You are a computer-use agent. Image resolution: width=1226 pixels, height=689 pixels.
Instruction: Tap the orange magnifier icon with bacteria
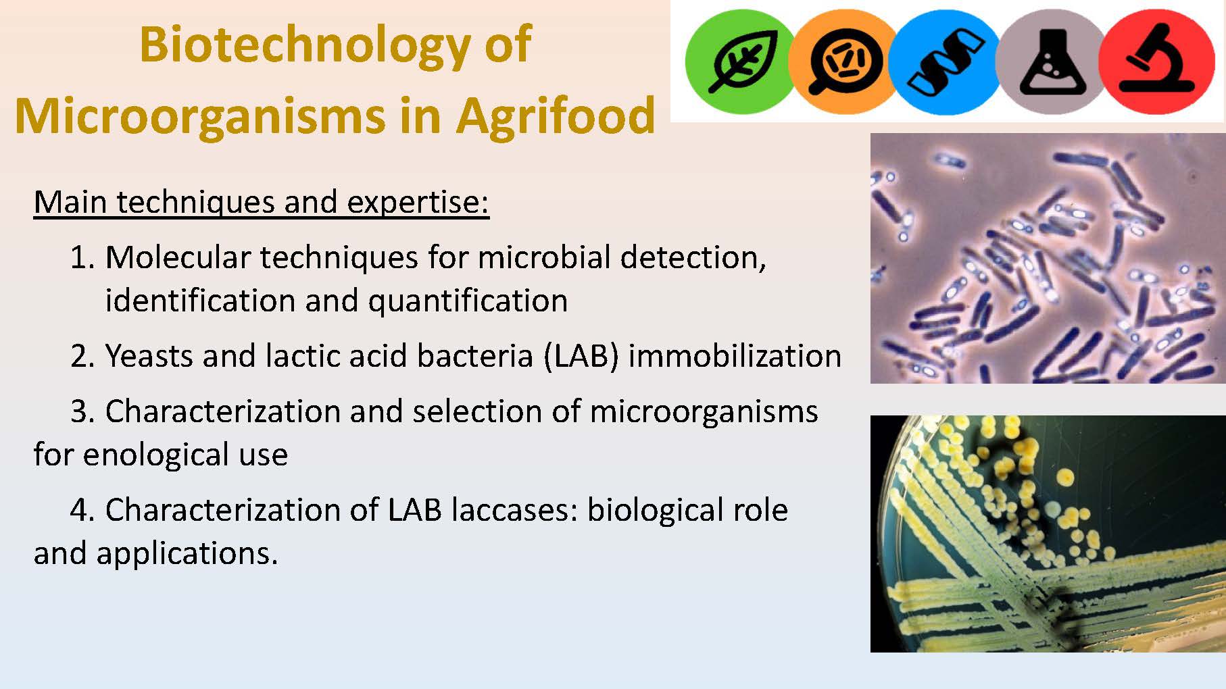[844, 61]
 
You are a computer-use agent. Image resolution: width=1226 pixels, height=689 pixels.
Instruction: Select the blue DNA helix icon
[946, 61]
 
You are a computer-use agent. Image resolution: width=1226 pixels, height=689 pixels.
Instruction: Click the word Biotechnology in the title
[305, 46]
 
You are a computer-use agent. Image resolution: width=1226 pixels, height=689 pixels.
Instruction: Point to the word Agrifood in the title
[555, 115]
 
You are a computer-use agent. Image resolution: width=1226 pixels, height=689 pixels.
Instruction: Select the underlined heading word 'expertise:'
[418, 202]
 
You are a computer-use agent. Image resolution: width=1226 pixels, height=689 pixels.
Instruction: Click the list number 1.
[83, 257]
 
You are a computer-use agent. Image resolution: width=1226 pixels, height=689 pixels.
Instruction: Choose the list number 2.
[83, 356]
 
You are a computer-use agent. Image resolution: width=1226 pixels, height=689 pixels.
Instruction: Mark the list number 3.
[83, 411]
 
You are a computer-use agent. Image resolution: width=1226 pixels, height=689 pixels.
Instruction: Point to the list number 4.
[83, 510]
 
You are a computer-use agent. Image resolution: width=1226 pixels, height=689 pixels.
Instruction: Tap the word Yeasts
[149, 356]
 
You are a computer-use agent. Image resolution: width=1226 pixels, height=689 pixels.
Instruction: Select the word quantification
[468, 301]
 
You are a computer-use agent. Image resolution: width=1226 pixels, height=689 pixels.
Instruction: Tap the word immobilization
[735, 356]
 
